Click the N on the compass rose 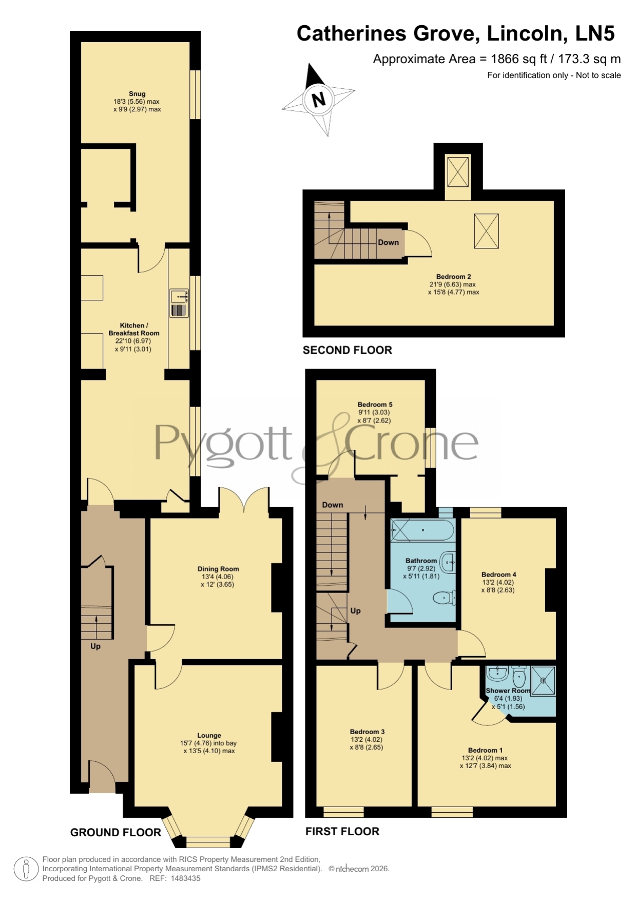click(319, 99)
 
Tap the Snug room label click(137, 94)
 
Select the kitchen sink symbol click(179, 303)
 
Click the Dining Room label click(218, 569)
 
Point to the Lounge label click(209, 735)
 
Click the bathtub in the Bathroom click(422, 530)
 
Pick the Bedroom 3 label click(367, 732)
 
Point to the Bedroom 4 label click(498, 574)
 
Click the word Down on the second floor click(388, 242)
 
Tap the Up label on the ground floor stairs click(95, 646)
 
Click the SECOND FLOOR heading click(348, 350)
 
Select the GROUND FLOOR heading click(115, 833)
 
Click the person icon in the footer click(26, 869)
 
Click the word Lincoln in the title click(527, 34)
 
